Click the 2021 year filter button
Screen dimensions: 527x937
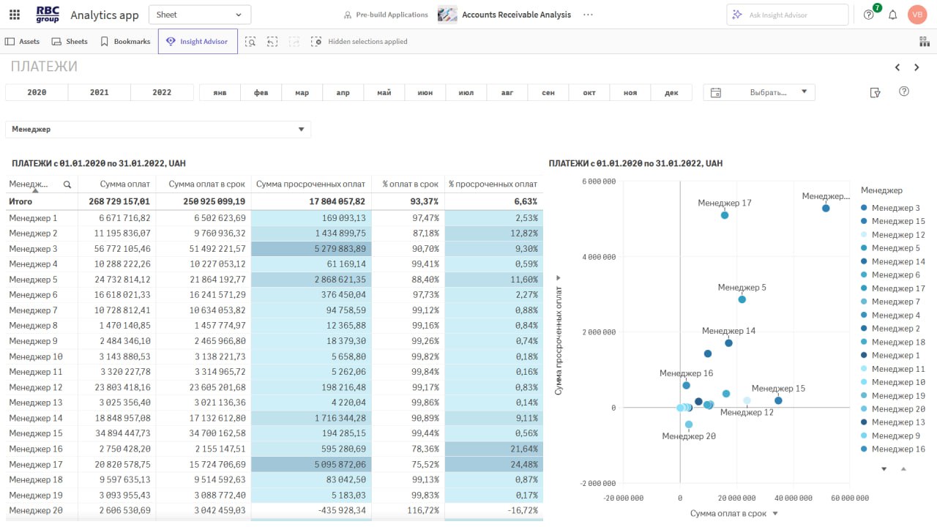point(99,92)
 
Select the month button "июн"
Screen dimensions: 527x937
point(425,93)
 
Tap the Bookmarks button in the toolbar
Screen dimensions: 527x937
point(125,42)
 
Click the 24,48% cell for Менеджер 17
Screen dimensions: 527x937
point(493,464)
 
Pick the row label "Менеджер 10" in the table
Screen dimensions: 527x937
point(36,356)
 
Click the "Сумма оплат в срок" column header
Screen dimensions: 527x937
point(202,184)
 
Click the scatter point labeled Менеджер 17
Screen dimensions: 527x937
point(725,215)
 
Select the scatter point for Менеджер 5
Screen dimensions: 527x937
point(742,299)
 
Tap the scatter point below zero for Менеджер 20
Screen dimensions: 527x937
point(689,425)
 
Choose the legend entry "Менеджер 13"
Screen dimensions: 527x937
point(897,422)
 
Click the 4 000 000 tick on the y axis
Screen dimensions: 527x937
point(598,257)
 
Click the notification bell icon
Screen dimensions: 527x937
point(893,15)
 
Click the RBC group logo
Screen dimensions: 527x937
point(47,15)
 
